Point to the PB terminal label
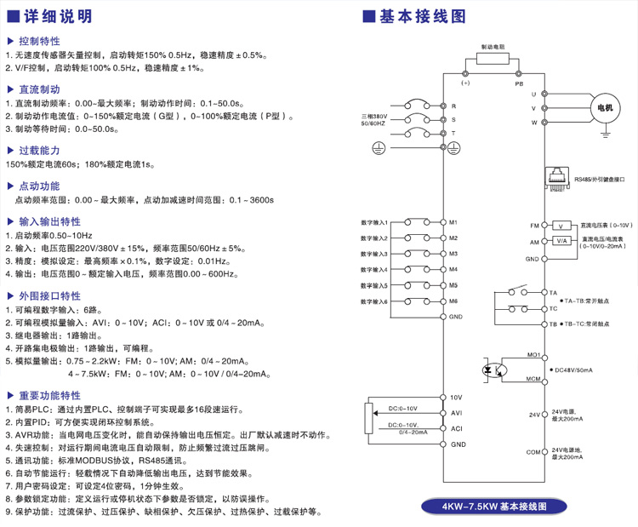tap(518, 83)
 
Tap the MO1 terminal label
tap(534, 353)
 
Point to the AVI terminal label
tap(456, 413)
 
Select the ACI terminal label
tap(456, 428)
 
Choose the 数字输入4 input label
tap(374, 270)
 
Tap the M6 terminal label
tap(454, 301)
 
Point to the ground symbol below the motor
tap(606, 132)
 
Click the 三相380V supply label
tap(373, 116)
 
